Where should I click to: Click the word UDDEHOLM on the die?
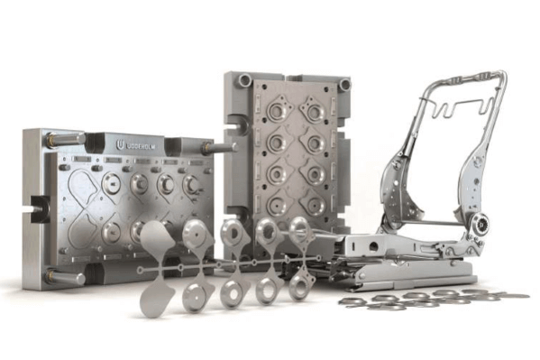point(142,146)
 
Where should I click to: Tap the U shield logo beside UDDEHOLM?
point(120,145)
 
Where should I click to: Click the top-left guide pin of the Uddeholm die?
point(66,139)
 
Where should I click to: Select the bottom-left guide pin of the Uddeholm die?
point(66,277)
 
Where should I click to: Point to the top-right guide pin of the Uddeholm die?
point(220,147)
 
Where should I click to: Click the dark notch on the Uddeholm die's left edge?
point(39,209)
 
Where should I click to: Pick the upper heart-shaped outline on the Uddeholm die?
point(83,188)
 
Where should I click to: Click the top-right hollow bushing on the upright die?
point(344,84)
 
